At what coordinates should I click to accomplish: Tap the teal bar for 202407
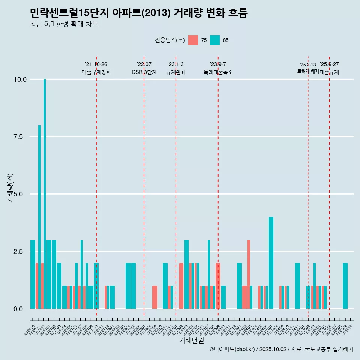click(x=271, y=262)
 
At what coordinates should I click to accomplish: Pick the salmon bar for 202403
click(x=249, y=274)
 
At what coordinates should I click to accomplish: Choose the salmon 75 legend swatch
click(x=193, y=40)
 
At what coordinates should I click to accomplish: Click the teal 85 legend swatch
click(x=215, y=40)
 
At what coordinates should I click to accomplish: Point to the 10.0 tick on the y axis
click(x=20, y=79)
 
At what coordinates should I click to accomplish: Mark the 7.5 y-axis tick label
click(x=20, y=137)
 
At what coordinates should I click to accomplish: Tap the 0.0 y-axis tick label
click(x=20, y=309)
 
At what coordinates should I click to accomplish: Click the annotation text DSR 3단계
click(x=144, y=72)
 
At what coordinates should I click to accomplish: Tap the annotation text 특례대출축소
click(x=218, y=72)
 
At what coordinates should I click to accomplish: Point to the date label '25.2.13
click(x=308, y=65)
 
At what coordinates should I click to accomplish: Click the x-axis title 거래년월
click(x=191, y=340)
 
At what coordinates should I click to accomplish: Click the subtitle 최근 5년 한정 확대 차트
click(x=64, y=24)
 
